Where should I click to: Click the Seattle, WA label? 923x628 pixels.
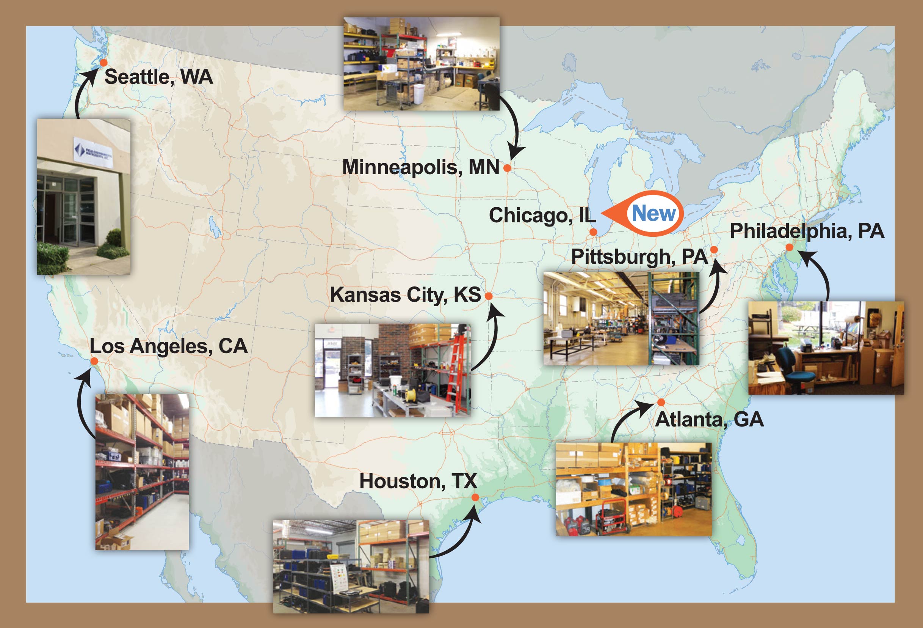click(x=158, y=77)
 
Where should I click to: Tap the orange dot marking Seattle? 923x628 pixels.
click(x=103, y=62)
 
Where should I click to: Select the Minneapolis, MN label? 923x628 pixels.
click(x=421, y=167)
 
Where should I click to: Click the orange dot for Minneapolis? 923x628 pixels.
click(x=507, y=168)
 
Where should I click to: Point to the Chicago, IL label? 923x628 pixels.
click(x=542, y=216)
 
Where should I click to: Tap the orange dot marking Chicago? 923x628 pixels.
click(x=593, y=232)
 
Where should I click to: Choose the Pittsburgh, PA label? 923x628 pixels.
click(x=639, y=257)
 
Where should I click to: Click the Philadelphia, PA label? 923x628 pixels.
click(x=807, y=231)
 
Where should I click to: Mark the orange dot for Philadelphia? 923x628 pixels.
click(x=790, y=248)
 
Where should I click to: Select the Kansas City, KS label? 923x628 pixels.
click(x=405, y=295)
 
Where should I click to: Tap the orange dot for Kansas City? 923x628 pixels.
click(x=489, y=296)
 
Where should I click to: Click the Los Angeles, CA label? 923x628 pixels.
click(x=168, y=346)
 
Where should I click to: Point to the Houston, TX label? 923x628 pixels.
click(x=418, y=481)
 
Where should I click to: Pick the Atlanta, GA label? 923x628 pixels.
click(x=709, y=420)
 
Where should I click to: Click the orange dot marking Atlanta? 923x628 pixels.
click(x=661, y=402)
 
